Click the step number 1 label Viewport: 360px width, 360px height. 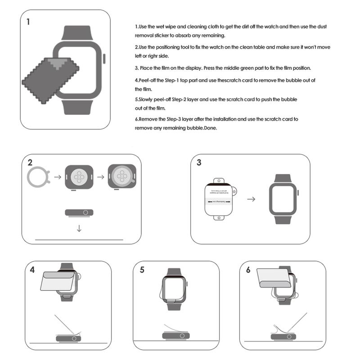[x=29, y=21]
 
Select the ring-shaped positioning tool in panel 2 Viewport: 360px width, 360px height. [x=40, y=176]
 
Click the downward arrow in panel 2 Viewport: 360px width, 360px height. [x=79, y=228]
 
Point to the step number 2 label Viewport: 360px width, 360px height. [x=30, y=162]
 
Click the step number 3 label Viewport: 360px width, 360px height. [x=198, y=162]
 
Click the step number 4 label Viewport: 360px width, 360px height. [x=32, y=270]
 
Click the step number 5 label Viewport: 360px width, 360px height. [x=142, y=270]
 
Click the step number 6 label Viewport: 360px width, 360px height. [x=248, y=270]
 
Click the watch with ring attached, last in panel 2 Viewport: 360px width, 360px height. [x=121, y=176]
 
